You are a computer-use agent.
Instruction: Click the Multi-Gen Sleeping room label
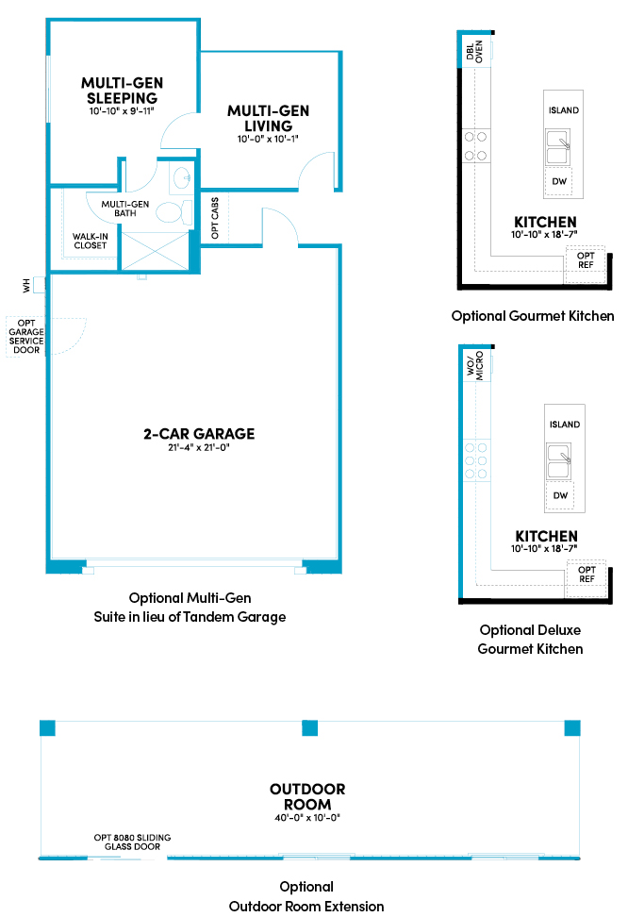point(123,91)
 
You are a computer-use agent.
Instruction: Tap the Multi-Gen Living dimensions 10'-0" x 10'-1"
point(268,140)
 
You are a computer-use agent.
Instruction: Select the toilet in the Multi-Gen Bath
point(174,212)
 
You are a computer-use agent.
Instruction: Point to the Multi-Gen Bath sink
point(182,177)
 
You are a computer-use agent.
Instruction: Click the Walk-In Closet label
point(90,241)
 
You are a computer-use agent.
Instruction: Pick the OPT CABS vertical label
point(215,218)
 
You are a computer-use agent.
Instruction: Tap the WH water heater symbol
point(40,285)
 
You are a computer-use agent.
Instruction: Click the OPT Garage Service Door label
point(26,336)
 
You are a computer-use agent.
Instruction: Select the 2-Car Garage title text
point(199,434)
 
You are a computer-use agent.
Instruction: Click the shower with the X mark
point(155,251)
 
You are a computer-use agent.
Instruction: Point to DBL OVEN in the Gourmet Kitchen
point(474,51)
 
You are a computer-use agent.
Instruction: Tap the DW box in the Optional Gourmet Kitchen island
point(559,182)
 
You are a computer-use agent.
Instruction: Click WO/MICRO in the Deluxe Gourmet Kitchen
point(475,365)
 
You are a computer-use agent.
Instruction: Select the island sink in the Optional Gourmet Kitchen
point(558,147)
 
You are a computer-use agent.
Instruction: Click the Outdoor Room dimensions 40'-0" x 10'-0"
point(307,818)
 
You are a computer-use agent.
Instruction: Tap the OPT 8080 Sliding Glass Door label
point(132,842)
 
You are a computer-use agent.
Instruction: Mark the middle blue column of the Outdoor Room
point(310,728)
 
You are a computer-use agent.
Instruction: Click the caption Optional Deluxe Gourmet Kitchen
point(530,640)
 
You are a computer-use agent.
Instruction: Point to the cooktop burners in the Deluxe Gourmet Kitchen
point(476,460)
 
